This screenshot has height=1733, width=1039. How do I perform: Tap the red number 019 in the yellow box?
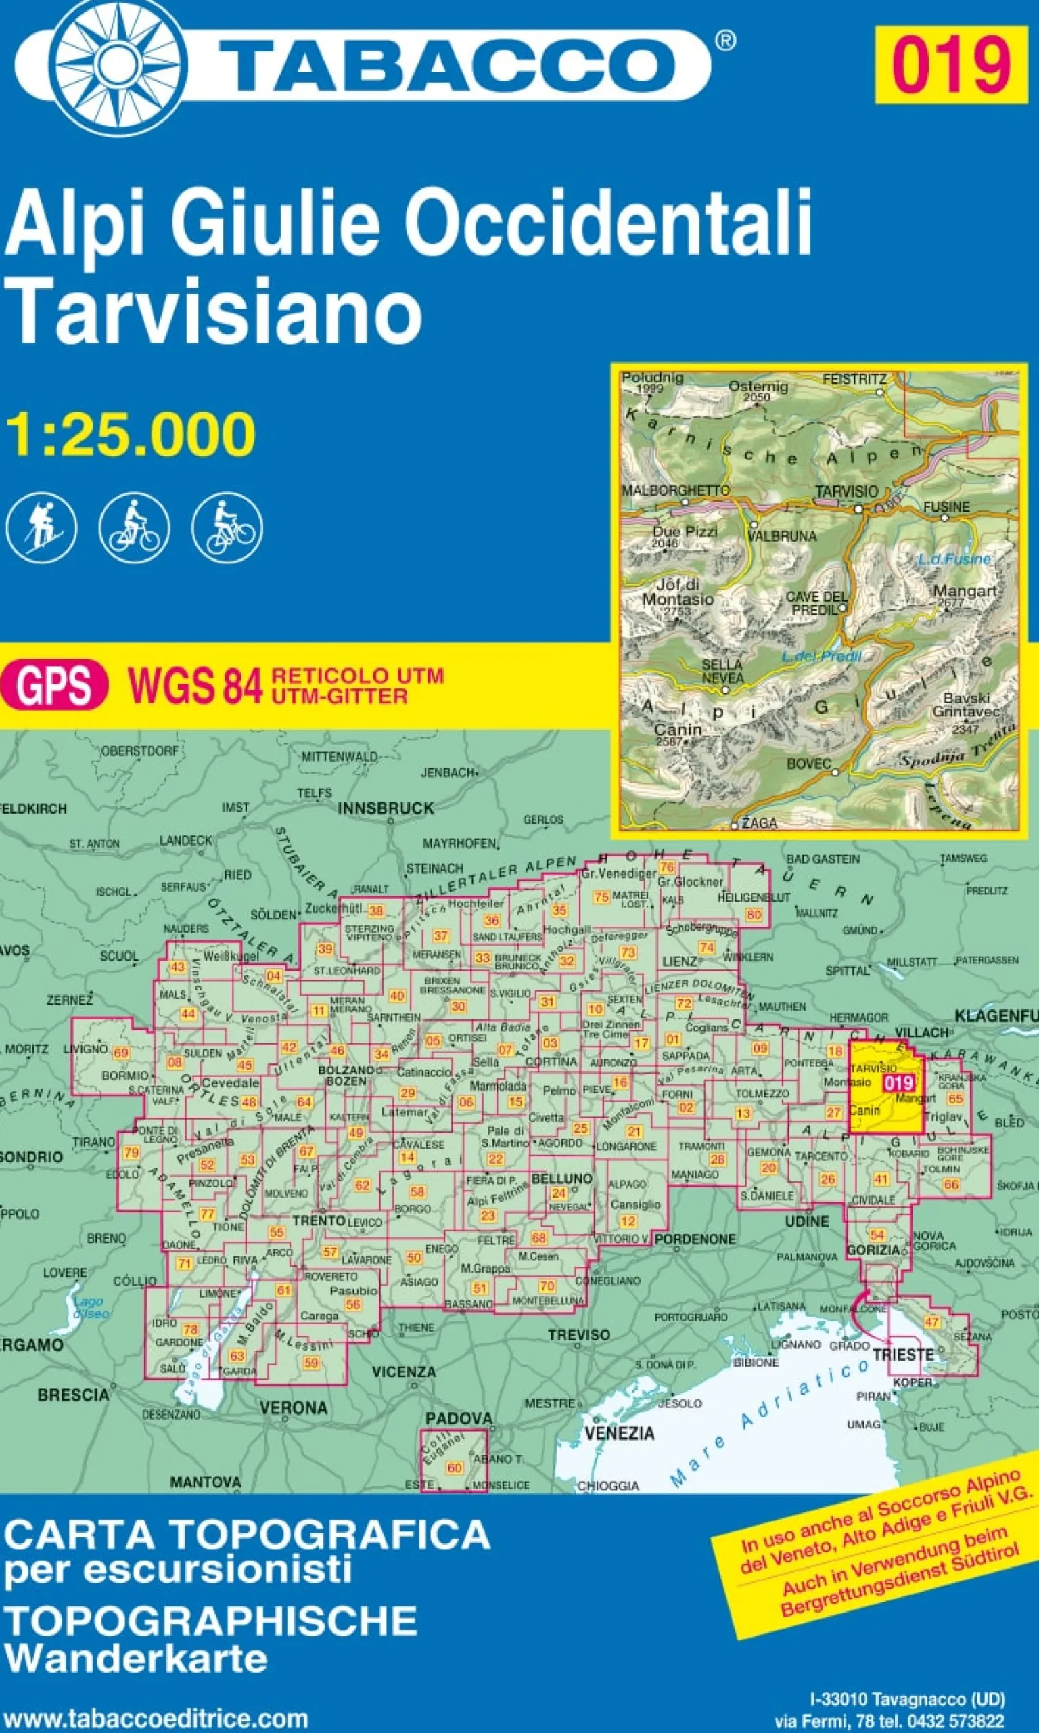(950, 64)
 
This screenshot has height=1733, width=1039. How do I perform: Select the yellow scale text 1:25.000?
(131, 435)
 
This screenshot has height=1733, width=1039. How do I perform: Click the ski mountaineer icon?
(41, 527)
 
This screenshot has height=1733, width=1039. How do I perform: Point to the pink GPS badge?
(54, 685)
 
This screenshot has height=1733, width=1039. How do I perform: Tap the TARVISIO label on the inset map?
(846, 491)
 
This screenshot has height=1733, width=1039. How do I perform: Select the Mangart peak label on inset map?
(964, 591)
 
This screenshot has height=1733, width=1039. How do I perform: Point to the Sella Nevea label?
(722, 670)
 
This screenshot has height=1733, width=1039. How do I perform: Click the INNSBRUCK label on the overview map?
(386, 808)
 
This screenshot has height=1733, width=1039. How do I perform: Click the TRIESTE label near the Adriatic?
(903, 1355)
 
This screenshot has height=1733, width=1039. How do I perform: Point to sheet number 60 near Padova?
(455, 1468)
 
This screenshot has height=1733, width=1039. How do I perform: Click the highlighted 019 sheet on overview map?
(898, 1082)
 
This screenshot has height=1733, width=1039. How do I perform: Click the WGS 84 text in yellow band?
(195, 685)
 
